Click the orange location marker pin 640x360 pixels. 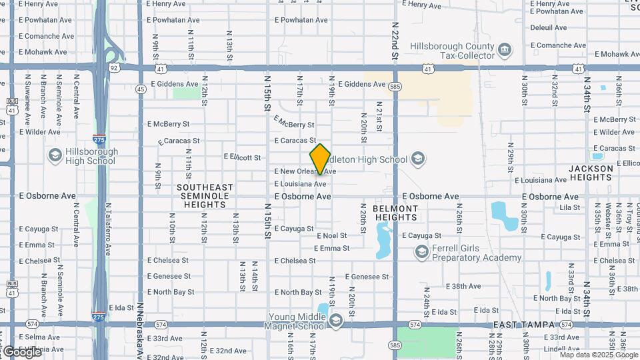[321, 159]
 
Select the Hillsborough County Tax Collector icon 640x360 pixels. [505, 49]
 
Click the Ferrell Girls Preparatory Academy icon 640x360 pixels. [421, 252]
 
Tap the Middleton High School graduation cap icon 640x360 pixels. [418, 159]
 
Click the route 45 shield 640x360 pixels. [140, 89]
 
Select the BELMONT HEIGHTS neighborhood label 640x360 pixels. [395, 213]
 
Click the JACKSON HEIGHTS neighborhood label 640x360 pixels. [591, 173]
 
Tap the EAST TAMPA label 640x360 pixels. [525, 325]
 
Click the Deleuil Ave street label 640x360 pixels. [549, 28]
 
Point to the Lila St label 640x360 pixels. [570, 208]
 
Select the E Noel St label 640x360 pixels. [332, 235]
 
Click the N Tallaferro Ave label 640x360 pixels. [109, 229]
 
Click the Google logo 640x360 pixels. [23, 351]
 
